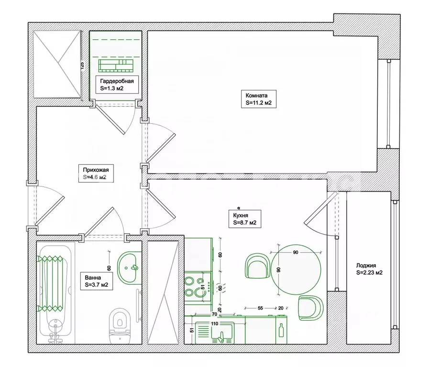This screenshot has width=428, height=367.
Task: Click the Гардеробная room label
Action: (117, 85)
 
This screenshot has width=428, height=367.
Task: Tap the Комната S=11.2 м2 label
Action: (259, 99)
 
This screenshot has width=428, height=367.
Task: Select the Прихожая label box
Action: (96, 173)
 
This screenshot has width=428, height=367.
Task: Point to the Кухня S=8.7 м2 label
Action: (245, 219)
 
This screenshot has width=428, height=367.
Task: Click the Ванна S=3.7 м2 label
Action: (97, 281)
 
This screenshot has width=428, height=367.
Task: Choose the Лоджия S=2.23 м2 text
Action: (369, 269)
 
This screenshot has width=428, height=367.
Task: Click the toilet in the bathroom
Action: (120, 325)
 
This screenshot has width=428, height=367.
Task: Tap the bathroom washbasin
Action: (129, 268)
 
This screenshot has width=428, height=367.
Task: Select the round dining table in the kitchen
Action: (296, 270)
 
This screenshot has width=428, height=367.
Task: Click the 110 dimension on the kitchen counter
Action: (215, 324)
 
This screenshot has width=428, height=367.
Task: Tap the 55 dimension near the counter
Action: (260, 308)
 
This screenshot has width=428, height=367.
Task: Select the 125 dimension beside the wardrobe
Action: (82, 65)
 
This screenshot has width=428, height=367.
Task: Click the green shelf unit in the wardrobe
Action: (116, 66)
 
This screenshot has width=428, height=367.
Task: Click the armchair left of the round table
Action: (257, 266)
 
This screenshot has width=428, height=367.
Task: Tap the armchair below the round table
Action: (311, 308)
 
